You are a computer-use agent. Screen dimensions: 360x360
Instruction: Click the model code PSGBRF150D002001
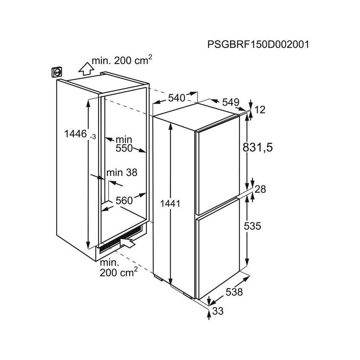coord(258,44)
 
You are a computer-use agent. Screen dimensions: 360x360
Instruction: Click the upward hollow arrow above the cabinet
coord(86,69)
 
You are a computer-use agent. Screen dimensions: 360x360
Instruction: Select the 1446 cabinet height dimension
coord(76,134)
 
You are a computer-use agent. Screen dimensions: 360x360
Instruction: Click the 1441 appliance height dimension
coord(170,203)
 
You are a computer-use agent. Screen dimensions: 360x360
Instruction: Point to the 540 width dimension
coord(176,98)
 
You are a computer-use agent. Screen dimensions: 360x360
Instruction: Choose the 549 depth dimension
coord(231,102)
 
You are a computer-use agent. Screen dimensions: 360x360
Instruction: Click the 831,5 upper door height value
coord(258,147)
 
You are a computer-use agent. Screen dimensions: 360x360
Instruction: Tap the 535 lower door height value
coord(252,226)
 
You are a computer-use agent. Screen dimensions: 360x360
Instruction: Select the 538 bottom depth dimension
coord(234,292)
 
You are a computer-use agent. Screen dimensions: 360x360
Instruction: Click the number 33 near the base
coord(218,311)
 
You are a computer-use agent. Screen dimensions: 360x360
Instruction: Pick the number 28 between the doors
coord(260,189)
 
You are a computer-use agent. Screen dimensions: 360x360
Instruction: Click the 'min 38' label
coord(122,172)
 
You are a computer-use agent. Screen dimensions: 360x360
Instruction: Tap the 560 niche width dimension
coord(124,200)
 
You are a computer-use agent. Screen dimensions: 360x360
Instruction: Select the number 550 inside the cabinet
coord(124,148)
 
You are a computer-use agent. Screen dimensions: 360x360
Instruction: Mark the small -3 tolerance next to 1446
coord(92,137)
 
